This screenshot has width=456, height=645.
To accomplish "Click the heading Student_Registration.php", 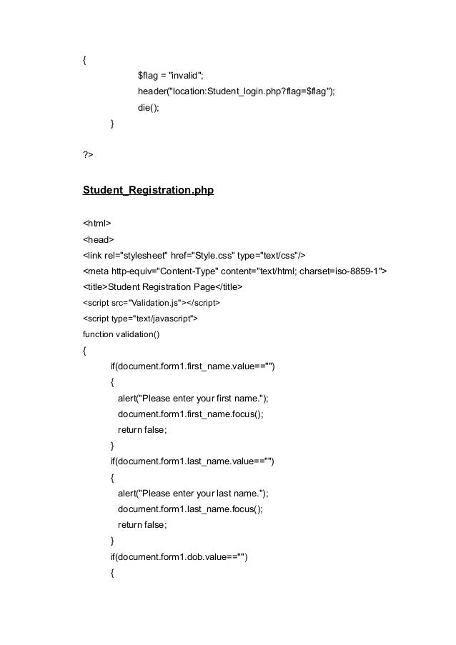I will (x=149, y=191).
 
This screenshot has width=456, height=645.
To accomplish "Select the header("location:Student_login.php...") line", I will (x=236, y=92).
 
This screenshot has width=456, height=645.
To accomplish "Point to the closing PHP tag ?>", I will (x=88, y=154).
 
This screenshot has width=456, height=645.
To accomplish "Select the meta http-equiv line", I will (x=236, y=271).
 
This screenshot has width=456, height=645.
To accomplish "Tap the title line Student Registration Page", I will (x=163, y=287).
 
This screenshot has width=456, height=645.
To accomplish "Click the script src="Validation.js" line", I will (x=152, y=303).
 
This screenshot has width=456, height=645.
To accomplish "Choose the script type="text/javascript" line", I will (x=140, y=319).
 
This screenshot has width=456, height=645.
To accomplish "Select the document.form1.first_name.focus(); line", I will (x=191, y=414).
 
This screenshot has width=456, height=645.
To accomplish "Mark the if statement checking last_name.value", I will (x=192, y=461).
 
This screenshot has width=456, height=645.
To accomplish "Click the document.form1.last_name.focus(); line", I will (x=190, y=509).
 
